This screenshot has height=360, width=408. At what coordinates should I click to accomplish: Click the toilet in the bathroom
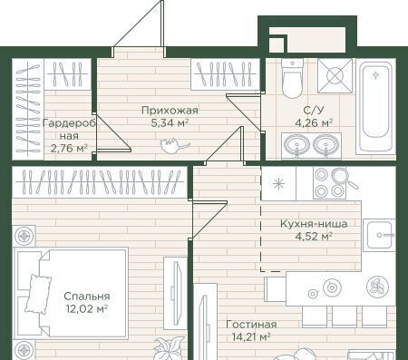292,78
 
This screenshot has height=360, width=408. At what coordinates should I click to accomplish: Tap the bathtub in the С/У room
375,106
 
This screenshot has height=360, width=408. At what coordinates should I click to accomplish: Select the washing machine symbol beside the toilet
335,75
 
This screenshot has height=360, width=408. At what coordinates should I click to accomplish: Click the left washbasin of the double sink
297,144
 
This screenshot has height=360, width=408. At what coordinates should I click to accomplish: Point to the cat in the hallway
175,146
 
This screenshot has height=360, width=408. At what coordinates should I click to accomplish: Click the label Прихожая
170,111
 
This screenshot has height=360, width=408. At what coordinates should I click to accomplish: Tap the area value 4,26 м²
314,123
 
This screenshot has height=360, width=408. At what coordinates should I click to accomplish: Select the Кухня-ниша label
314,224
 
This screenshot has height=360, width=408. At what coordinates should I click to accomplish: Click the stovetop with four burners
329,183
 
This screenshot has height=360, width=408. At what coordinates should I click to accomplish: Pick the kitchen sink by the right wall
379,235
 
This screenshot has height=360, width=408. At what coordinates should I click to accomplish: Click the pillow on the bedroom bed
39,294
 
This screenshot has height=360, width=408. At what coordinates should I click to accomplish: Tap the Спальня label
87,297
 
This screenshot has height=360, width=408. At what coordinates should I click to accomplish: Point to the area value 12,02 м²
87,309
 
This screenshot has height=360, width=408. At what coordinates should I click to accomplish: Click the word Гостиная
251,325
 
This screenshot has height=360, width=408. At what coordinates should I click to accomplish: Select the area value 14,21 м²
251,336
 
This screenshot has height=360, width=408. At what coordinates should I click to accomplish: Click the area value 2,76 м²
69,149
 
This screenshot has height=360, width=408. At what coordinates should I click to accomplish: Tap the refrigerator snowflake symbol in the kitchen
278,183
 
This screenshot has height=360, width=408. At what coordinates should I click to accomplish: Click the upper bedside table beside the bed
24,236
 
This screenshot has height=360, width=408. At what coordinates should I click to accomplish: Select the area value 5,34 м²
170,123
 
